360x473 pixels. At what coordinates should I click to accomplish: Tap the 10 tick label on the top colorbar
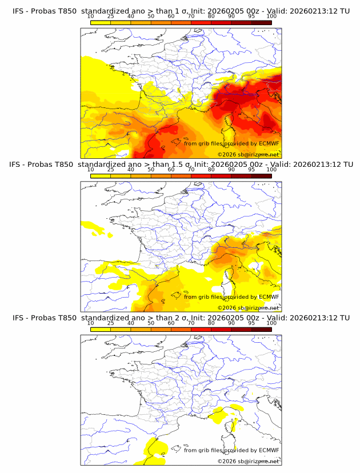pos(90,17)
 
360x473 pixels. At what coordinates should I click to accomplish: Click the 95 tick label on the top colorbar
pos(252,17)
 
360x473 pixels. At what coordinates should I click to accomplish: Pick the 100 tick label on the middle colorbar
pos(271,170)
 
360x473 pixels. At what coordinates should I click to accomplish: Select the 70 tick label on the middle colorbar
pos(191,170)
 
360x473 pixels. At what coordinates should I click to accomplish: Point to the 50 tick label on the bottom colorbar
pos(151,323)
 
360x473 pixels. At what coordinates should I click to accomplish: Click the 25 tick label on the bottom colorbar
pos(110,323)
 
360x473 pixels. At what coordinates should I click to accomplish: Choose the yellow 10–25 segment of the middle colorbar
pos(101,176)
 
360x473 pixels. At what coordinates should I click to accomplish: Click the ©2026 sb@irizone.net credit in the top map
pos(248,155)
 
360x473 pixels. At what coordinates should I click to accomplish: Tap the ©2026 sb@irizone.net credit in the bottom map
pos(248,461)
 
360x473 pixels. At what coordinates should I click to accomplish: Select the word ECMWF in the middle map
pos(269,296)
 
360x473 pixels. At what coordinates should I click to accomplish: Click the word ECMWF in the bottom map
pos(269,450)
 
